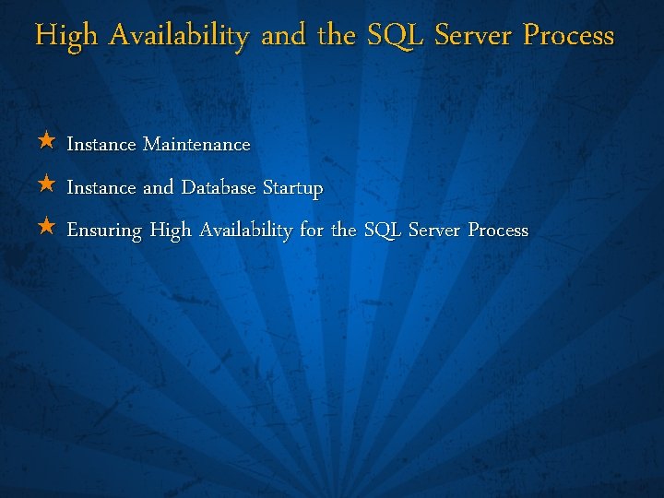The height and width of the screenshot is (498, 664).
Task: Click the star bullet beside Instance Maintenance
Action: tap(47, 142)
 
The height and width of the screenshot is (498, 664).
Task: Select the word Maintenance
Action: tap(196, 145)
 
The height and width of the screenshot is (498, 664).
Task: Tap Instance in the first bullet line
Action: tap(101, 145)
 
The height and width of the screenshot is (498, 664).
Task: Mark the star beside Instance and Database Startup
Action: tap(47, 184)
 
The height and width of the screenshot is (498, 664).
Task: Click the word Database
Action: tap(219, 188)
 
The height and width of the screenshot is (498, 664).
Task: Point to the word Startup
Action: tap(292, 189)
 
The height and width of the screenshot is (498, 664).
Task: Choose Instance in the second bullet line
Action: tap(101, 188)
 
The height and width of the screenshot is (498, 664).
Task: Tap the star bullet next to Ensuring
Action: tap(47, 227)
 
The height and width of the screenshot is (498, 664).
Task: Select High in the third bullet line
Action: tap(171, 231)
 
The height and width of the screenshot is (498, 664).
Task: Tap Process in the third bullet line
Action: tap(498, 231)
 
